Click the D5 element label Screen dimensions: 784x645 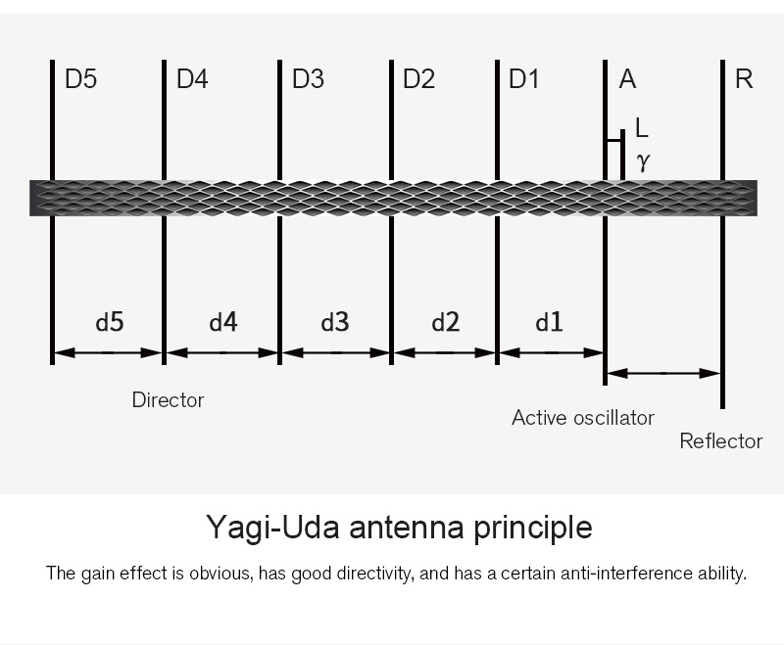pos(81,79)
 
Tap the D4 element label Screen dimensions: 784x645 pos(192,79)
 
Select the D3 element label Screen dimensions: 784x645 pos(308,79)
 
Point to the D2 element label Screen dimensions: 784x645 pos(419,79)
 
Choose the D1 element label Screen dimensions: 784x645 pos(523,79)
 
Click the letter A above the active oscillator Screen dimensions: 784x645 pos(627,79)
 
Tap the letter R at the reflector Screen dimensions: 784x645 pos(744,79)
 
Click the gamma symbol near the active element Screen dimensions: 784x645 pos(644,161)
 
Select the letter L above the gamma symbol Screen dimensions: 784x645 pos(642,127)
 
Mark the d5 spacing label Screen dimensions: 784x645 pos(110,322)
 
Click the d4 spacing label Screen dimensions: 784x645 pos(223,322)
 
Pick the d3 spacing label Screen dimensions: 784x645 pos(335,322)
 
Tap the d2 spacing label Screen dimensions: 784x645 pos(446,322)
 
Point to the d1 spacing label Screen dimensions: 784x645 pos(549,322)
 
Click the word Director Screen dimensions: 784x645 pos(168,400)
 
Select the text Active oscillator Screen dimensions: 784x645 pos(583,418)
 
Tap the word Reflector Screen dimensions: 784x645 pos(721,441)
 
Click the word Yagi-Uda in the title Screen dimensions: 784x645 pos(272,528)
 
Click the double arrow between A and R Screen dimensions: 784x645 pos(663,373)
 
